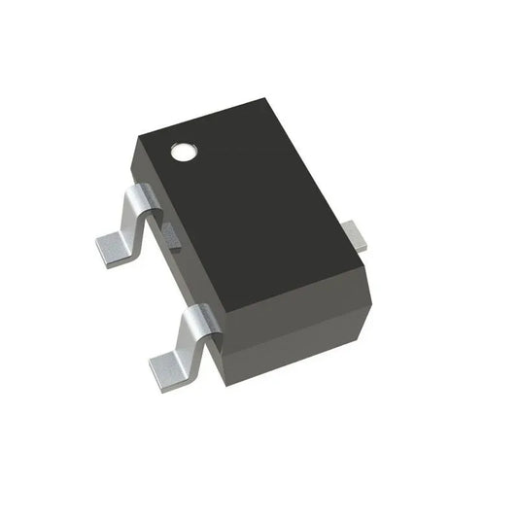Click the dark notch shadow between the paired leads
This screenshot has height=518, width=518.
[x=171, y=236]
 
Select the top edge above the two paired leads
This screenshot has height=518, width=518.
[x=180, y=233]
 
